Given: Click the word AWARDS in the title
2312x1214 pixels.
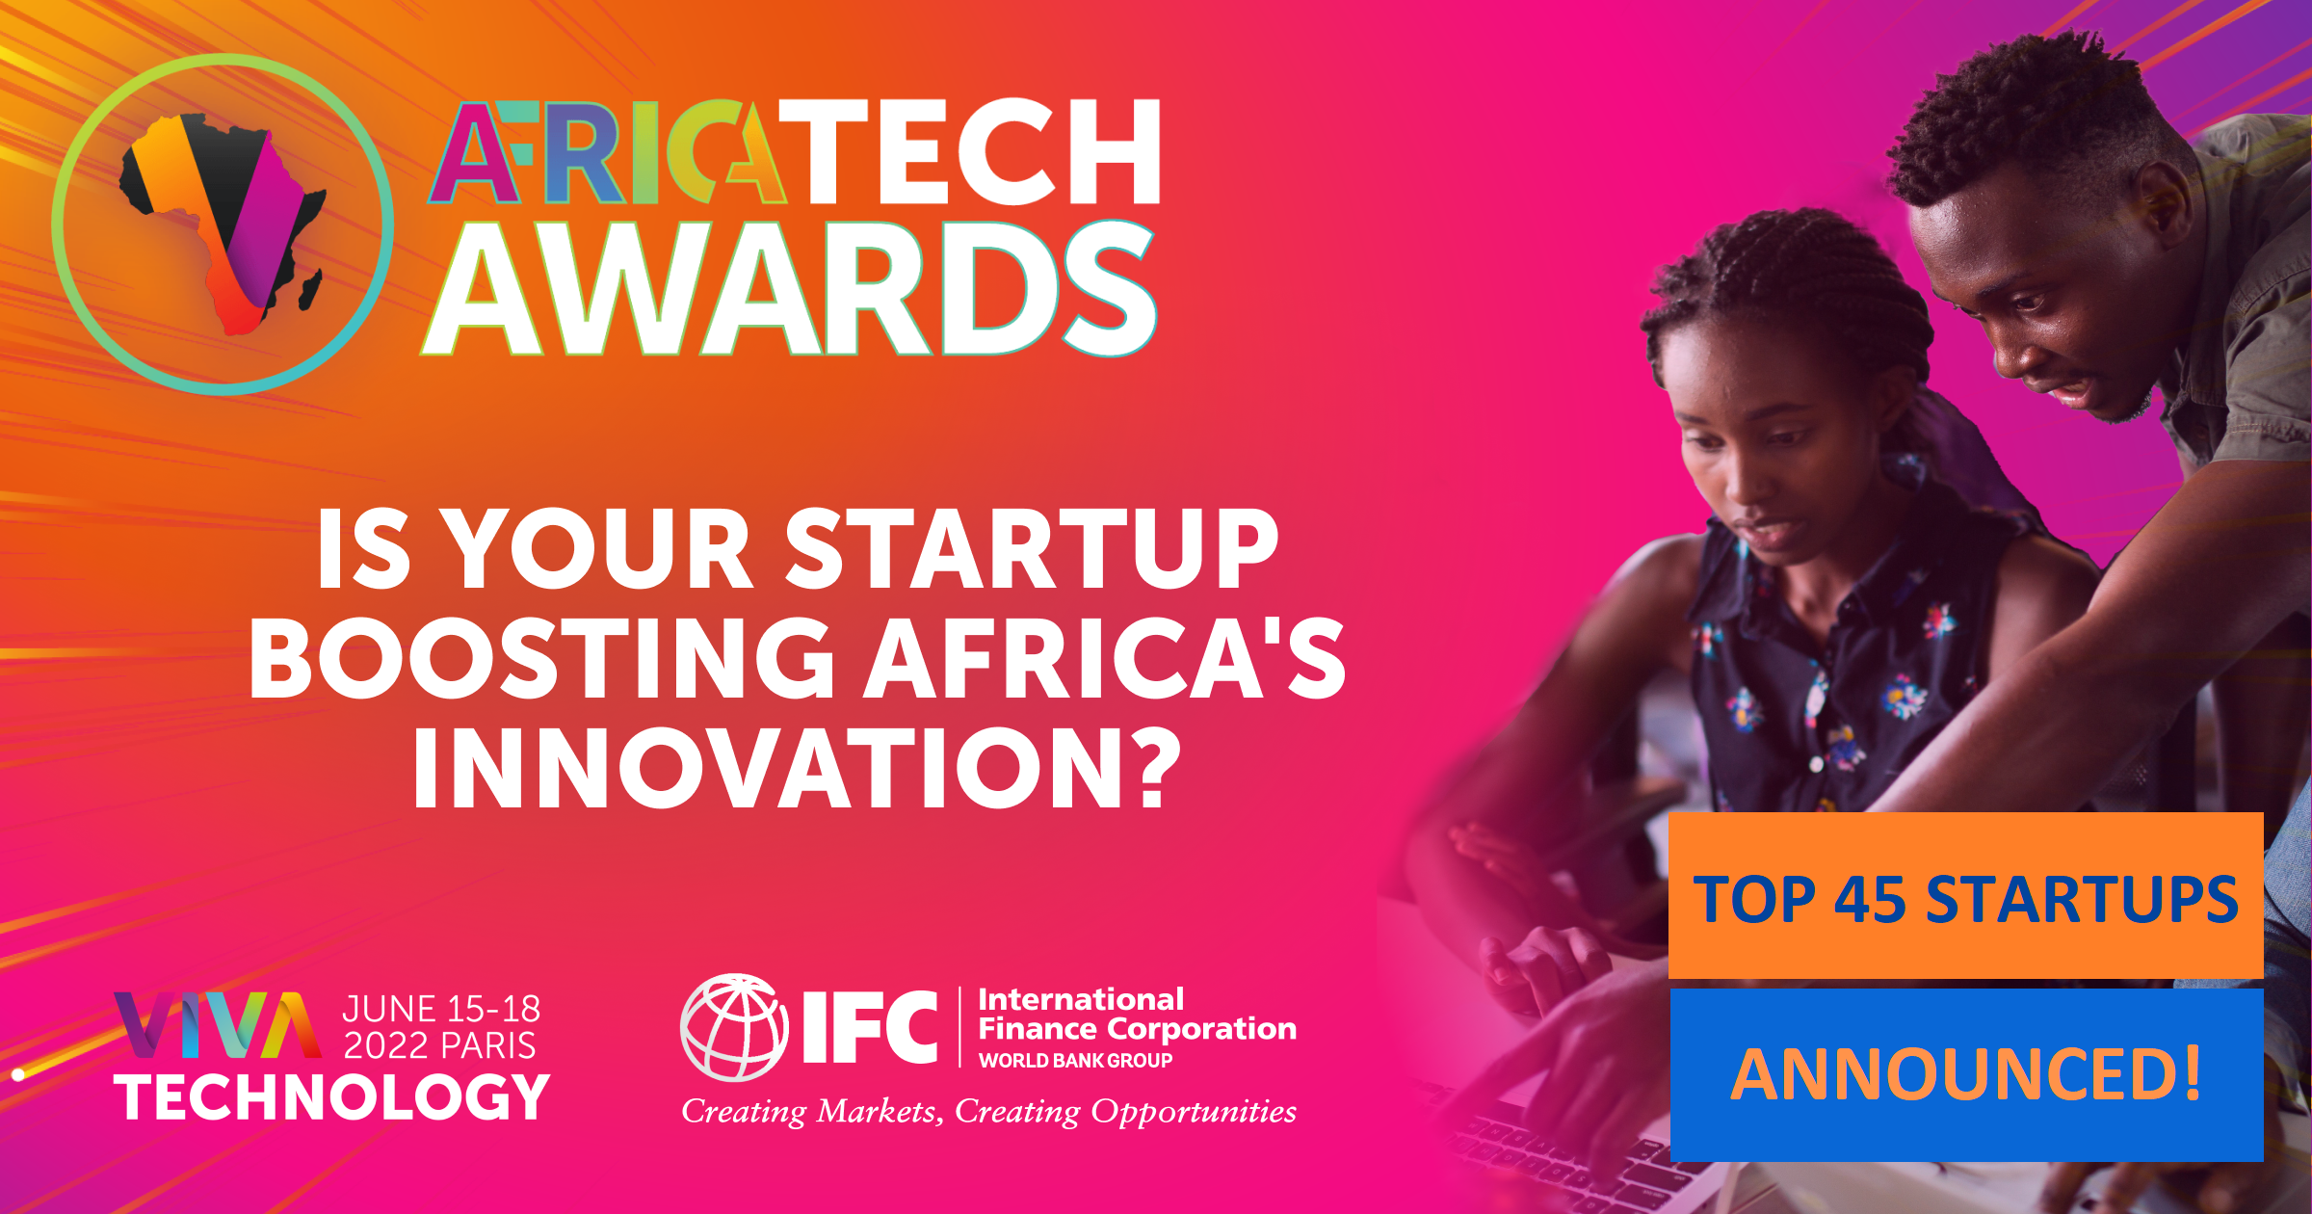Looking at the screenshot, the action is click(x=789, y=287).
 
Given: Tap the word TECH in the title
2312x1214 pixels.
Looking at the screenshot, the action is click(x=982, y=151).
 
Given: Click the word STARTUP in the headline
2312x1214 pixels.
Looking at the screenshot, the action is click(x=1033, y=548).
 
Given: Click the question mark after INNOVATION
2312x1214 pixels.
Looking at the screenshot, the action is click(x=1152, y=768).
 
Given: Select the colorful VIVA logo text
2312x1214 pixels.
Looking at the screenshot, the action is click(x=218, y=1025).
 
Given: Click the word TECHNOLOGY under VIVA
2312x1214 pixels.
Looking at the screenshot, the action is click(x=332, y=1097).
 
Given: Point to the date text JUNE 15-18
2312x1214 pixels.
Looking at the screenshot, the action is click(x=441, y=1009).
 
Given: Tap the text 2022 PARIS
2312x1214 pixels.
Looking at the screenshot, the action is click(x=440, y=1045).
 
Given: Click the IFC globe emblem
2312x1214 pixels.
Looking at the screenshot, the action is click(x=734, y=1027).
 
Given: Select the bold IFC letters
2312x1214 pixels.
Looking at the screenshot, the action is click(x=870, y=1027).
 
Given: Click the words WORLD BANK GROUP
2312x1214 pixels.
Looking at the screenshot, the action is click(x=1076, y=1060).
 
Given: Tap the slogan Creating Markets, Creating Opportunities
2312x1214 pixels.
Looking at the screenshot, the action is click(x=989, y=1112).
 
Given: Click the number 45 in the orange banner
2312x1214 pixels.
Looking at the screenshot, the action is click(x=1871, y=900).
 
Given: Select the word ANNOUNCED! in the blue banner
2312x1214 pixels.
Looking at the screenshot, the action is click(x=1966, y=1073).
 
